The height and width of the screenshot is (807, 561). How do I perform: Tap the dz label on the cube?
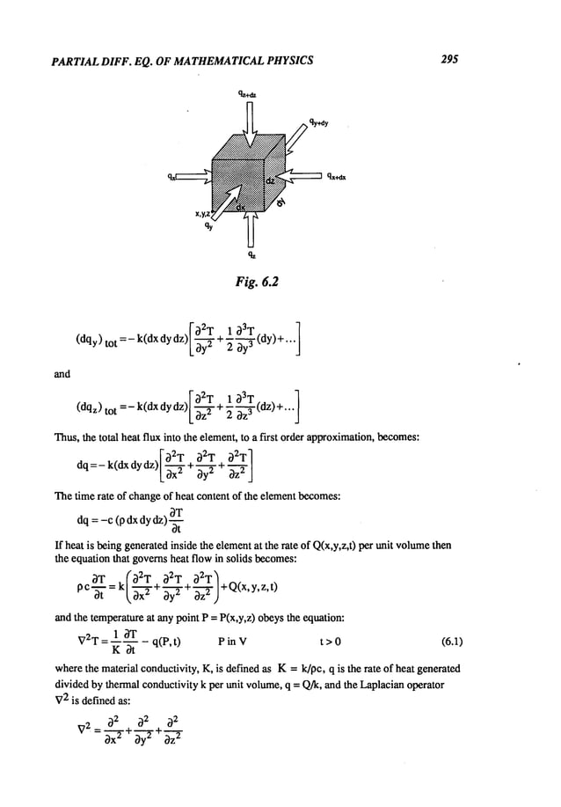pyautogui.click(x=272, y=179)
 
